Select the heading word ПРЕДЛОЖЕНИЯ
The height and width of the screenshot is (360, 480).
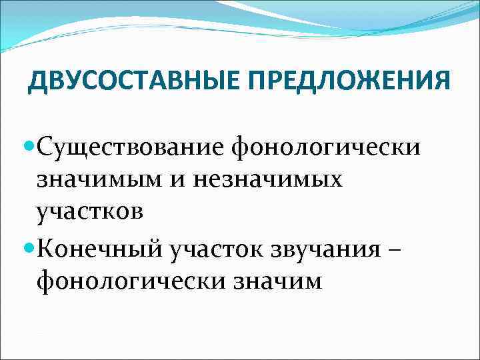[347, 81]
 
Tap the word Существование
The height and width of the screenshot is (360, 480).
[131, 145]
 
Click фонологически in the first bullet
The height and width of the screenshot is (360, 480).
[326, 146]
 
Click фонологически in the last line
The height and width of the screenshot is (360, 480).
[132, 282]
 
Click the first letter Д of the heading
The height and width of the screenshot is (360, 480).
[38, 82]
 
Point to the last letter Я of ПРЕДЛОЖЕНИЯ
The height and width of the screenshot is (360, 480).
[442, 81]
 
